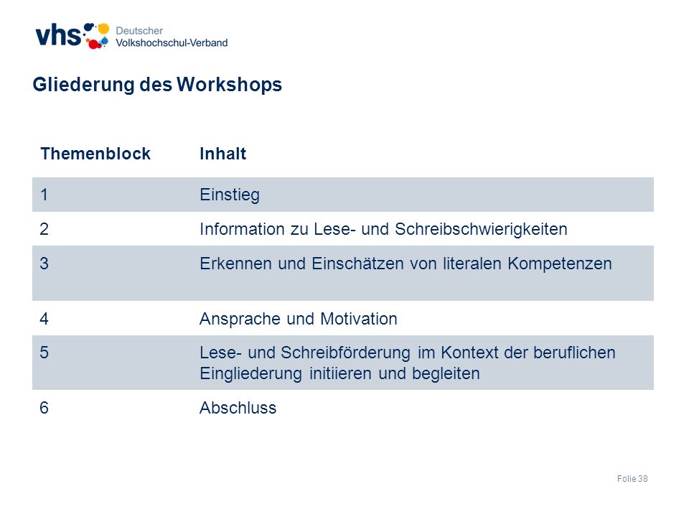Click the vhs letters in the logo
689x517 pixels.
tap(58, 35)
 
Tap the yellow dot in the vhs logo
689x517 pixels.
tap(103, 29)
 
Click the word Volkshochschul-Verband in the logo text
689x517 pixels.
tap(172, 42)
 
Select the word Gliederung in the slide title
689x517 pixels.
tap(83, 85)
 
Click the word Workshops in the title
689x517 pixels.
tap(230, 85)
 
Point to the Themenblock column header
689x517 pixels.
tap(95, 154)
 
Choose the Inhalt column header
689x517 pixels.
tap(222, 154)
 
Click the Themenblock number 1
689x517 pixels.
tap(44, 195)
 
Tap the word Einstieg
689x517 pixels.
tap(230, 195)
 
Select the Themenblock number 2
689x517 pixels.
tap(44, 229)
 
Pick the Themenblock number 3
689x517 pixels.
tap(44, 264)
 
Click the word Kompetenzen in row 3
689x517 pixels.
tap(560, 264)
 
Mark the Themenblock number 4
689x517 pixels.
tap(44, 319)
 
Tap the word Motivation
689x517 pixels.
tap(359, 319)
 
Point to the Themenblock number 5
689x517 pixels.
tap(44, 353)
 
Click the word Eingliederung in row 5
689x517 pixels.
tap(251, 373)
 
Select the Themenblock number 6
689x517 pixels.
tap(44, 408)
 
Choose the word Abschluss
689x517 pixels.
tap(238, 408)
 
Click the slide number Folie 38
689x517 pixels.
tap(632, 479)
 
